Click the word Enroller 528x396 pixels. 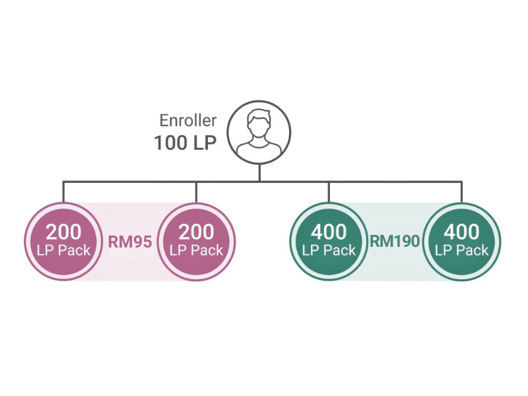coord(188,121)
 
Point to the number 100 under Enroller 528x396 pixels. coord(170,143)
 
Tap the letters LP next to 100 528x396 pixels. coord(205,143)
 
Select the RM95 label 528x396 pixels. coord(130,242)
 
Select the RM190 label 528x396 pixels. coord(395,241)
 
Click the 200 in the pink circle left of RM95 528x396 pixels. coord(63,232)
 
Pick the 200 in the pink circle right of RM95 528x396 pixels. coord(196,232)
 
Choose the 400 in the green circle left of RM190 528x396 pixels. coord(329,232)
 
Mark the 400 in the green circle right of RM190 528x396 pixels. coord(461,232)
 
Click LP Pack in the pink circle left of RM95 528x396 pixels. coord(63,251)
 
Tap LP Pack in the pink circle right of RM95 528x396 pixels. coord(196,251)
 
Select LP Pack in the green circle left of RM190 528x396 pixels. coord(329,251)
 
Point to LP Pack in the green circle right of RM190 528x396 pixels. coord(461,251)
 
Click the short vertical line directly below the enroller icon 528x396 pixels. coord(259,173)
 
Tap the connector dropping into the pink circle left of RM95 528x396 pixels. coord(63,192)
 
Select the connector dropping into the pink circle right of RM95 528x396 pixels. coord(196,192)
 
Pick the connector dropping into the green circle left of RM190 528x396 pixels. coord(329,192)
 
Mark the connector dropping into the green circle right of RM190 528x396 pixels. coord(461,192)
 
